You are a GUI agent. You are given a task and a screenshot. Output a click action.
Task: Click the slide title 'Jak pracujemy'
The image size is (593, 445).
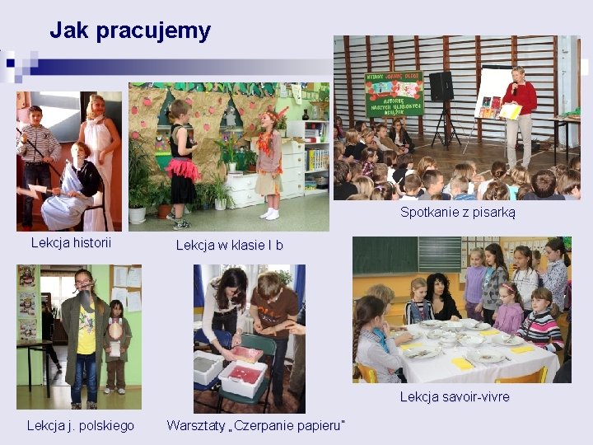[x=130, y=31]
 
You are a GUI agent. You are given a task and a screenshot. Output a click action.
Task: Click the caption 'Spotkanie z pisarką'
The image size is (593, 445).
[x=457, y=212]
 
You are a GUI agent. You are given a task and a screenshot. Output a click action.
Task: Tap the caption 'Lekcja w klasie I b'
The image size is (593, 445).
[x=229, y=245]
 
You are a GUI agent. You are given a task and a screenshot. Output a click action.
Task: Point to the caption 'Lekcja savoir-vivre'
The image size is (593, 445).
[x=454, y=397]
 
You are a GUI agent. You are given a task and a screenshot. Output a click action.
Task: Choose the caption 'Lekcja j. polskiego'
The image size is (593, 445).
[x=81, y=425]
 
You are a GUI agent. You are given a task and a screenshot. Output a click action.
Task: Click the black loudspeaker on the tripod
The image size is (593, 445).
[x=441, y=86]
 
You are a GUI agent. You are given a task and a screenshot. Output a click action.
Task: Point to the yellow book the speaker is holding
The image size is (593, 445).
[x=511, y=110]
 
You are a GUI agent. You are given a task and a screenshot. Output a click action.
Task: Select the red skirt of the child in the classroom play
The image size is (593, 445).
[x=183, y=168]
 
